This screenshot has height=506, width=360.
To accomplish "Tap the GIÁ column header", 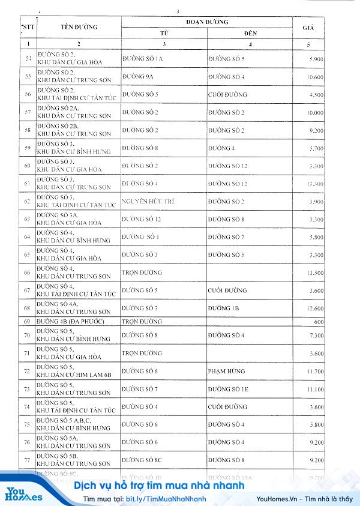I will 310,28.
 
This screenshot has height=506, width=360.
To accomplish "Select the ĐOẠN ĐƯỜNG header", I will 207,22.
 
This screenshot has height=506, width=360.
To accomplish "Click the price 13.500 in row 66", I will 315,273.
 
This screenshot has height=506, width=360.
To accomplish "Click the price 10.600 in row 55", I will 315,77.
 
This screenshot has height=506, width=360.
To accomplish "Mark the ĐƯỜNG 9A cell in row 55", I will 139,77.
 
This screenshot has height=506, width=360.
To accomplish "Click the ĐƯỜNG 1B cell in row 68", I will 223,308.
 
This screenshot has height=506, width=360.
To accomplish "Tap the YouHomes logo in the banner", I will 24,493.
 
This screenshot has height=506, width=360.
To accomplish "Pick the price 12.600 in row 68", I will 315,309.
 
